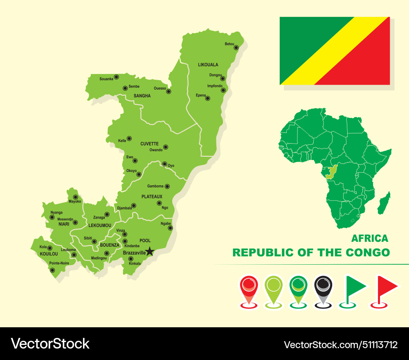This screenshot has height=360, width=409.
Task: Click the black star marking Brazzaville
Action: click(x=150, y=251)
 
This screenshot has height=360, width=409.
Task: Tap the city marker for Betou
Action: click(x=236, y=47)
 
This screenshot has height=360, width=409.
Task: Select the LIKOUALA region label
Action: click(x=208, y=65)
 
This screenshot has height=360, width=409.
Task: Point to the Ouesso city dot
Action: click(x=169, y=92)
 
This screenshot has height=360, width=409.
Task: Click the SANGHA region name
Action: click(x=142, y=96)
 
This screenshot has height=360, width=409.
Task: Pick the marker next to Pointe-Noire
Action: click(x=52, y=270)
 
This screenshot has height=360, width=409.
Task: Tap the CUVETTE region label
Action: click(x=149, y=144)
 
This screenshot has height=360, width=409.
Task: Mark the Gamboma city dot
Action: click(x=167, y=186)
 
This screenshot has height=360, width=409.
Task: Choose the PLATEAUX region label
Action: click(x=152, y=197)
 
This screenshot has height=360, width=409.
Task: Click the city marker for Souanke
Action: click(x=116, y=76)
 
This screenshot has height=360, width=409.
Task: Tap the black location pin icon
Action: click(x=323, y=290)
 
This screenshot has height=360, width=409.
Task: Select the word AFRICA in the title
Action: click(x=370, y=238)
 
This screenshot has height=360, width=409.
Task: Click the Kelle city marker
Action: click(x=129, y=138)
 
